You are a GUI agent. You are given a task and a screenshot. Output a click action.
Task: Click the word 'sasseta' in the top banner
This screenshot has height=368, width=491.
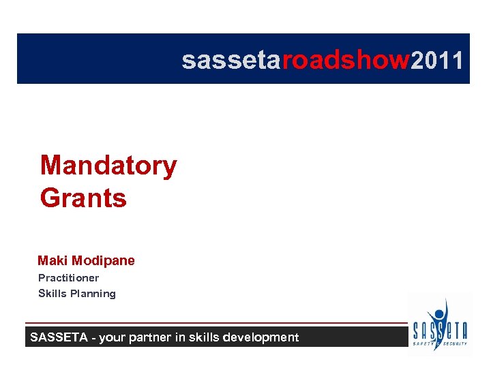click(231, 61)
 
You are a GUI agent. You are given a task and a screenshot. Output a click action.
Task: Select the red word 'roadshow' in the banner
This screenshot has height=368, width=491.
click(346, 61)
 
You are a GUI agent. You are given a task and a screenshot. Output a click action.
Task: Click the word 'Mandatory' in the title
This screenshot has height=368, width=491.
click(108, 166)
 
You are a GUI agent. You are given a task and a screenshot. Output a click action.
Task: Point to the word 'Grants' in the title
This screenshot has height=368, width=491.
click(83, 198)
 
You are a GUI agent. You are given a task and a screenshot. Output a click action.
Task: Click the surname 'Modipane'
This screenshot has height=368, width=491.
click(103, 260)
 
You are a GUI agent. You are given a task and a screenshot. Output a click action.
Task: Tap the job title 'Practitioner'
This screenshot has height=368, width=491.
click(68, 278)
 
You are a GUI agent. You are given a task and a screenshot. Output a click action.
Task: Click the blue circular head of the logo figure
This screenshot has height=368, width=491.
click(439, 316)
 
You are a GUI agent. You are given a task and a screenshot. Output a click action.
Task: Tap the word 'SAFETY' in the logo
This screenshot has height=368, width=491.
click(423, 343)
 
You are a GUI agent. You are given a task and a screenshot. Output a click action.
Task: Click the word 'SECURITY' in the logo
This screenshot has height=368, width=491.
click(455, 343)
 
